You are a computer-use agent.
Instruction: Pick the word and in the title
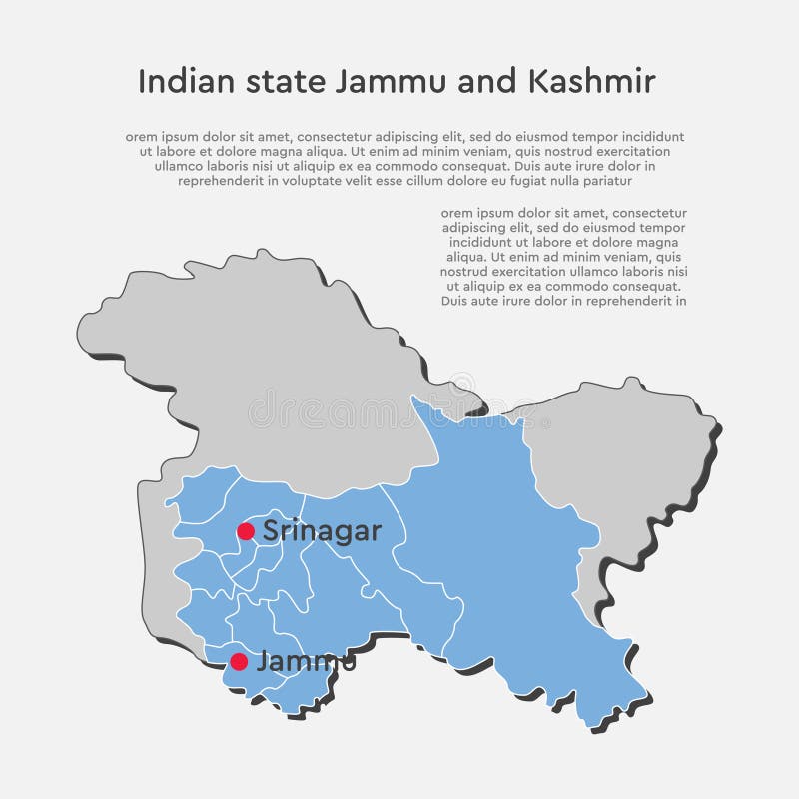coord(486,81)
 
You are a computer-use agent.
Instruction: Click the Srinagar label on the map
coord(322,531)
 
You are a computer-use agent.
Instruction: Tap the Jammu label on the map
coord(305,661)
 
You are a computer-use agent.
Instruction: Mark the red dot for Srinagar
coord(246,531)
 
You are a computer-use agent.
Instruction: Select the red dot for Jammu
coord(239,661)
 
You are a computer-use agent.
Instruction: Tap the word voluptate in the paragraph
coord(302,181)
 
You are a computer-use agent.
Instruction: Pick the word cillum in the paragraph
coord(429,181)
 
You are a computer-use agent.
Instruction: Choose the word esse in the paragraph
coord(390,181)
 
